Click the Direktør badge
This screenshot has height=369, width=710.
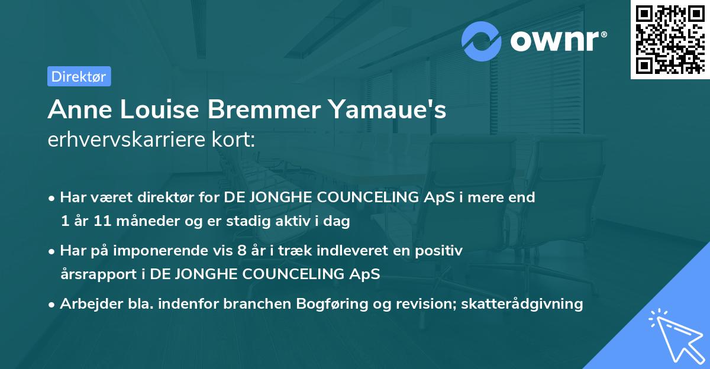click(79, 76)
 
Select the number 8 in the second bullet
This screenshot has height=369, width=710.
click(241, 251)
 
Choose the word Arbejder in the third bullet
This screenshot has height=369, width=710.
click(88, 304)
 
